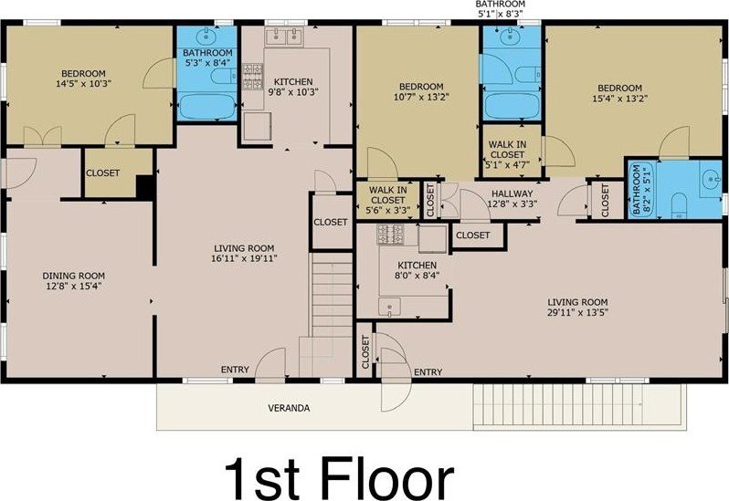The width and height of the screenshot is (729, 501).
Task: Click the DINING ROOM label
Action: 73,276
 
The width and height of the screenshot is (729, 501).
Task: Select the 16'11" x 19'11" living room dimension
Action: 244,258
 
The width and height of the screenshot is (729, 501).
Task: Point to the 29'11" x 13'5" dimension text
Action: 578,312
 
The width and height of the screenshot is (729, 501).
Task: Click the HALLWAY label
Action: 512,193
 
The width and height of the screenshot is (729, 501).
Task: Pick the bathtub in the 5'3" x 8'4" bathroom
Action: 207,107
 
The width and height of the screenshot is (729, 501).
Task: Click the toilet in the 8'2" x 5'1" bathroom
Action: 680,205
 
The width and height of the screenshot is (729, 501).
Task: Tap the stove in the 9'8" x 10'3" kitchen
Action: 252,76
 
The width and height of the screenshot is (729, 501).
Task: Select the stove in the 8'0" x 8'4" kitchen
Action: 390,234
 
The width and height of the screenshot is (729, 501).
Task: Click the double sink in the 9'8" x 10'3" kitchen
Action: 284,37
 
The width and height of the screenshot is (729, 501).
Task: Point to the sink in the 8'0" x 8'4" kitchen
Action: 389,307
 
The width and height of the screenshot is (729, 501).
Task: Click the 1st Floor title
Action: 340,478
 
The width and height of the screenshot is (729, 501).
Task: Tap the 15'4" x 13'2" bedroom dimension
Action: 619,99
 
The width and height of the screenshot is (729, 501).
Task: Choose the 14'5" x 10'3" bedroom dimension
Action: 84,84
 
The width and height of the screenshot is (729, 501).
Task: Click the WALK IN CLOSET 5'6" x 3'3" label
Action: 387,200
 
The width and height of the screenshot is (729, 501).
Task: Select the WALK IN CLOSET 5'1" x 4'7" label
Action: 507,154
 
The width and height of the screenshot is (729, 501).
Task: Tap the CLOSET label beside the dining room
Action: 102,172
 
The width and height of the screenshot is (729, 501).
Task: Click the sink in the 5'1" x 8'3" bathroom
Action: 511,37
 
